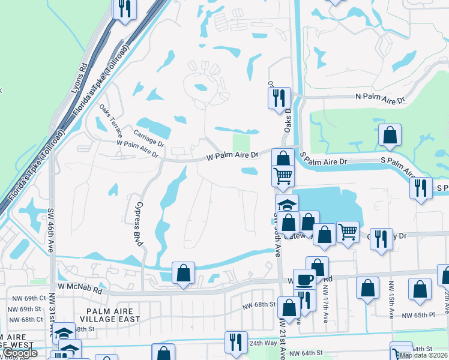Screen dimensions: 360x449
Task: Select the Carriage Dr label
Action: [x=149, y=141]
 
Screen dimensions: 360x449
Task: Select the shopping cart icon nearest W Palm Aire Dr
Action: [x=283, y=175]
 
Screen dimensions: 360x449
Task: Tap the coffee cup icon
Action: [x=304, y=279]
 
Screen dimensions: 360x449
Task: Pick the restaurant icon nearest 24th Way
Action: [x=236, y=342]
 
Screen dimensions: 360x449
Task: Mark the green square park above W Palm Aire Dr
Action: [x=241, y=143]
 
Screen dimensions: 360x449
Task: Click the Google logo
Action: [x=20, y=353]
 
